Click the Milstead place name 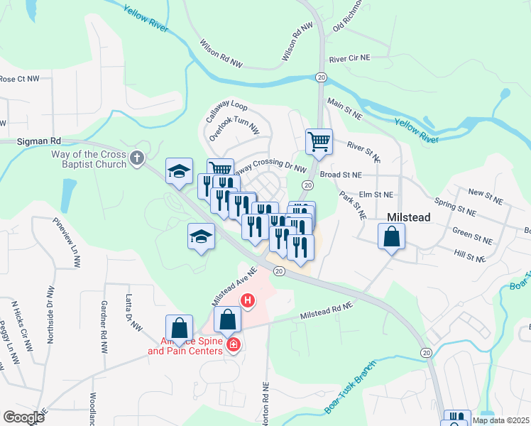(408, 217)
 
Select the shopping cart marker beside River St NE (319, 141)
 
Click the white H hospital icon (248, 301)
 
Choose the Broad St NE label (341, 174)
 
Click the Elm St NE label (376, 194)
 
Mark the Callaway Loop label (226, 113)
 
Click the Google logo (23, 417)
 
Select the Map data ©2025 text (500, 420)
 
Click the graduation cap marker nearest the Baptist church (179, 171)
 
